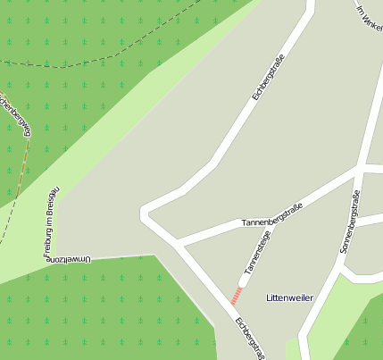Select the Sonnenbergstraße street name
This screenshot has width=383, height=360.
[349, 222]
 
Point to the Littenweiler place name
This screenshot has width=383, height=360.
[289, 297]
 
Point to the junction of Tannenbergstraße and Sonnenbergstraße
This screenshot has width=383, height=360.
[360, 168]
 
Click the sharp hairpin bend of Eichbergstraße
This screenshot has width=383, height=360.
[146, 213]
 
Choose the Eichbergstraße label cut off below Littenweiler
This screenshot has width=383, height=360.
[247, 339]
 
